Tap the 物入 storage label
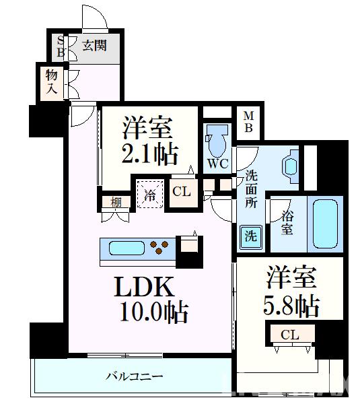coord(52,81)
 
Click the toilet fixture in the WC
coord(217,141)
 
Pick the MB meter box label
coord(247,123)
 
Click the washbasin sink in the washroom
coord(291,166)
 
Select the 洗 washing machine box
coord(250,236)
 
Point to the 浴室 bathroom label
coord(287,223)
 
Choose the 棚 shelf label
coord(116,201)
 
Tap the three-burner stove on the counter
coord(160,248)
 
